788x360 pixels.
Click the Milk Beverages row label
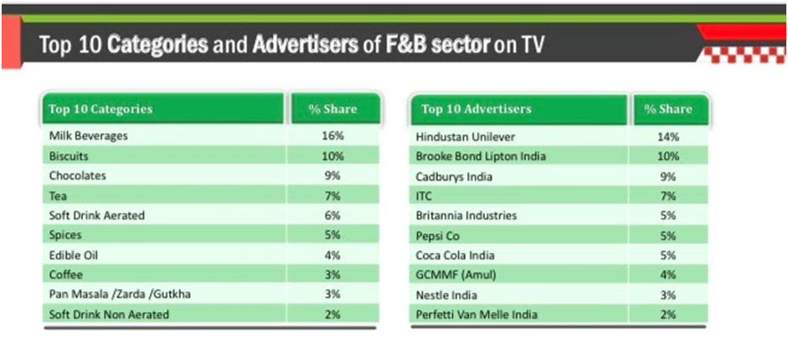coord(89,136)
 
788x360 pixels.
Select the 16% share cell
coord(333,136)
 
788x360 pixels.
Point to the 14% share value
coord(668,136)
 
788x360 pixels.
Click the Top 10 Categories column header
coord(100,109)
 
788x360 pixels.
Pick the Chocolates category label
coord(79,176)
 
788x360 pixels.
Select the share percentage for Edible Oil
coord(333,255)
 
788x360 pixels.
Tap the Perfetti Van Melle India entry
coord(477,315)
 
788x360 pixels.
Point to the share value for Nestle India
coord(668,295)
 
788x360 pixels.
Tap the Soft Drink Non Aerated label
coord(109,315)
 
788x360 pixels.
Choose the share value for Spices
coord(333,235)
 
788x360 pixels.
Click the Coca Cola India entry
coord(455,255)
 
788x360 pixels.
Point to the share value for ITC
coord(668,196)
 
